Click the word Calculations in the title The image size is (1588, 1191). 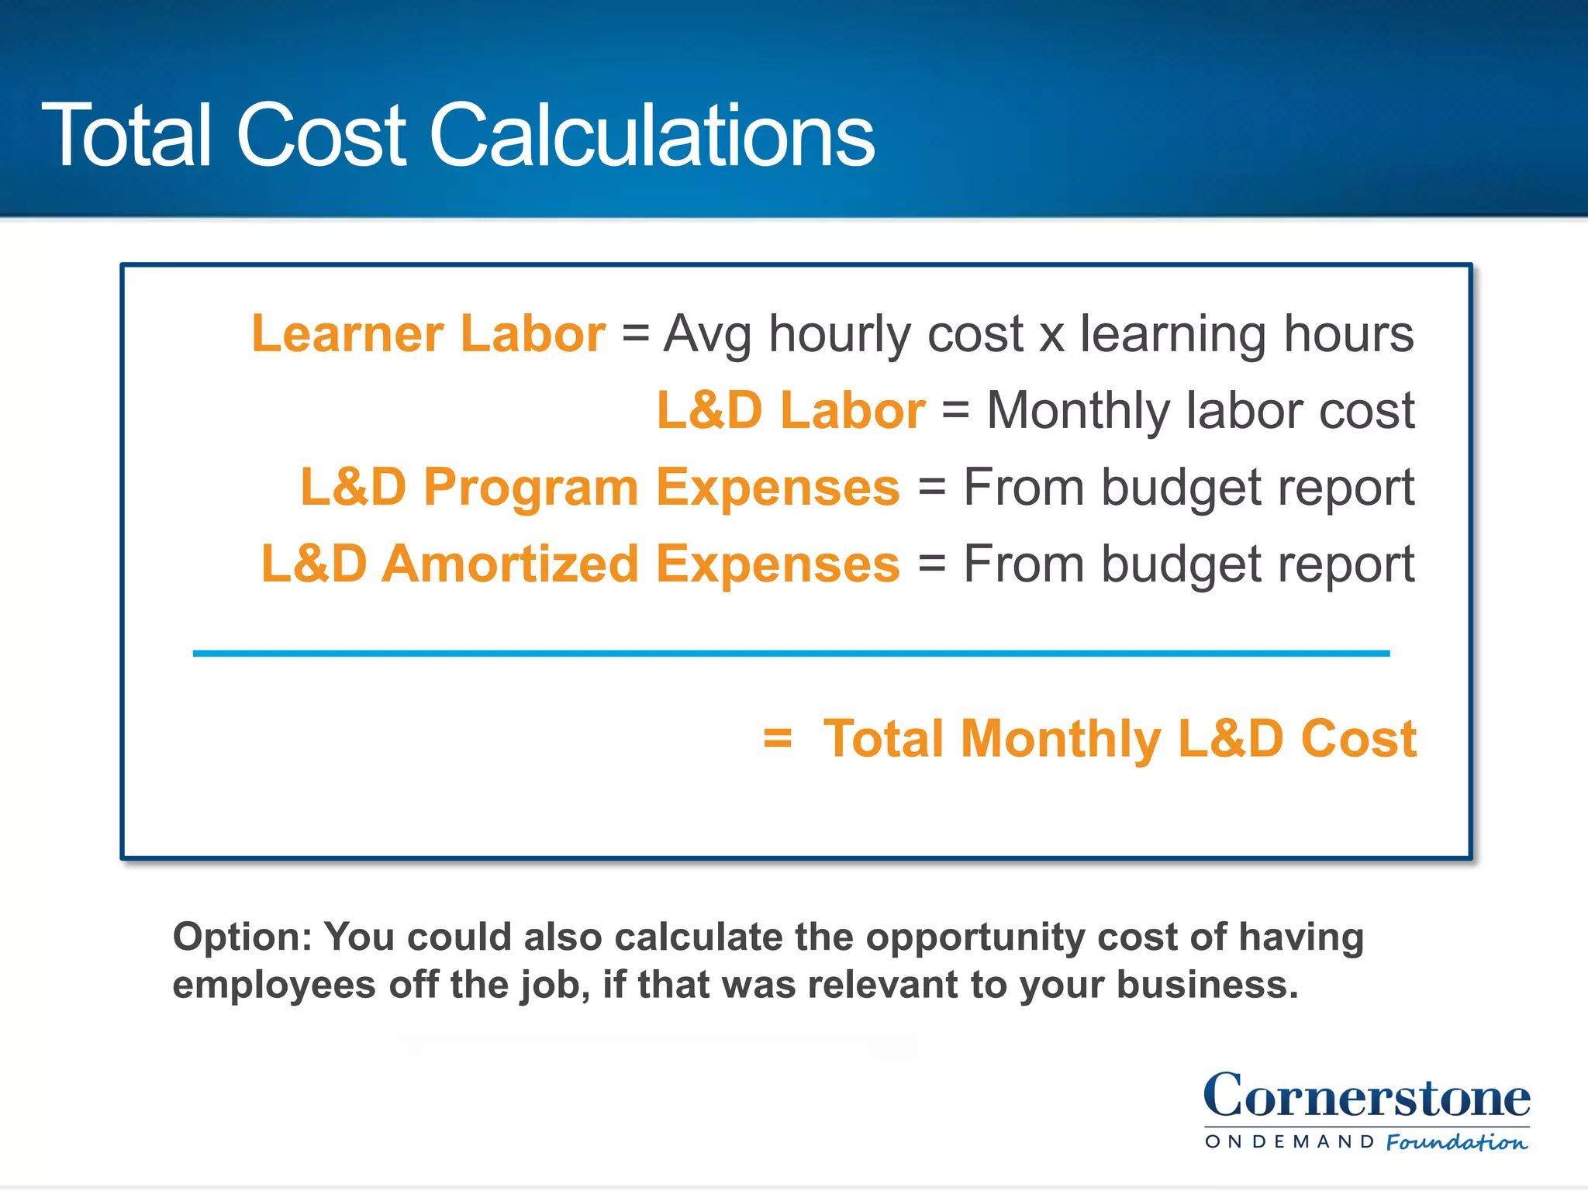(x=651, y=136)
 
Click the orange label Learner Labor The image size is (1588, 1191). (x=428, y=333)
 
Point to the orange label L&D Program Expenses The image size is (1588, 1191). (x=600, y=487)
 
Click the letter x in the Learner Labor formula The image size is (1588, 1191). (x=1051, y=337)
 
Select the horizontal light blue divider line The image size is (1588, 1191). (x=791, y=654)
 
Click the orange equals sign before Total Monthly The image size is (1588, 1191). (x=777, y=738)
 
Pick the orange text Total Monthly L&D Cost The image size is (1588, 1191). (x=1120, y=738)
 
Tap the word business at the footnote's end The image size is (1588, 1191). (x=1207, y=985)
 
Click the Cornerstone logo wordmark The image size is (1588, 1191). (x=1366, y=1096)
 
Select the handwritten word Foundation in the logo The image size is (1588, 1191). (x=1456, y=1142)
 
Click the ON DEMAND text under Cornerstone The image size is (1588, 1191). (x=1289, y=1141)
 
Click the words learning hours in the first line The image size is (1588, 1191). (x=1247, y=333)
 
